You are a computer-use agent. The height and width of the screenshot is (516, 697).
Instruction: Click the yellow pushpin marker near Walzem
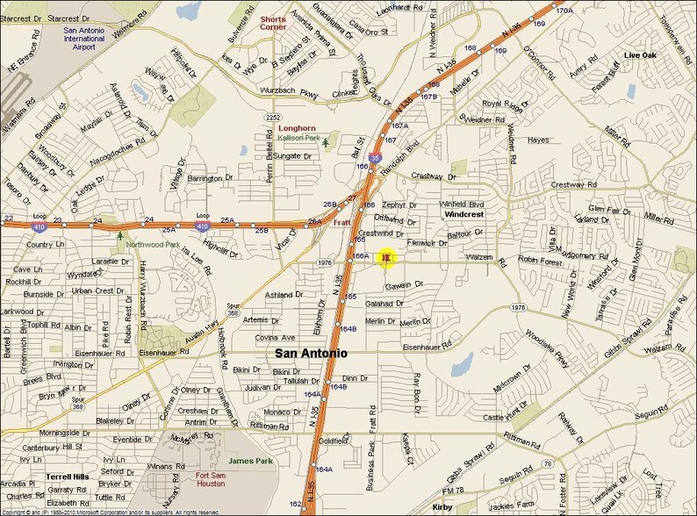pyautogui.click(x=386, y=258)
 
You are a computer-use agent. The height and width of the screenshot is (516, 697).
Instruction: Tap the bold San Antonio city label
pyautogui.click(x=311, y=354)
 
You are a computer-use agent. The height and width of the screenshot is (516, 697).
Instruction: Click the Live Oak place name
pyautogui.click(x=641, y=55)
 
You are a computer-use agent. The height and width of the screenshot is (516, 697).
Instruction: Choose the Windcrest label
pyautogui.click(x=463, y=214)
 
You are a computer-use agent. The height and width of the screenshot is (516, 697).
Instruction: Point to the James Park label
pyautogui.click(x=252, y=460)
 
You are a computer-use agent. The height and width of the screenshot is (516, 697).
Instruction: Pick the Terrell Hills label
pyautogui.click(x=65, y=477)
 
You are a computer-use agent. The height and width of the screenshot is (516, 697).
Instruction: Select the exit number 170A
pyautogui.click(x=564, y=11)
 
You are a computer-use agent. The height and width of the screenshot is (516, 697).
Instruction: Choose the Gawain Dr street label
pyautogui.click(x=404, y=285)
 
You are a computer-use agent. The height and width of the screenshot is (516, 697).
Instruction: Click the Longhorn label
pyautogui.click(x=284, y=128)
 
